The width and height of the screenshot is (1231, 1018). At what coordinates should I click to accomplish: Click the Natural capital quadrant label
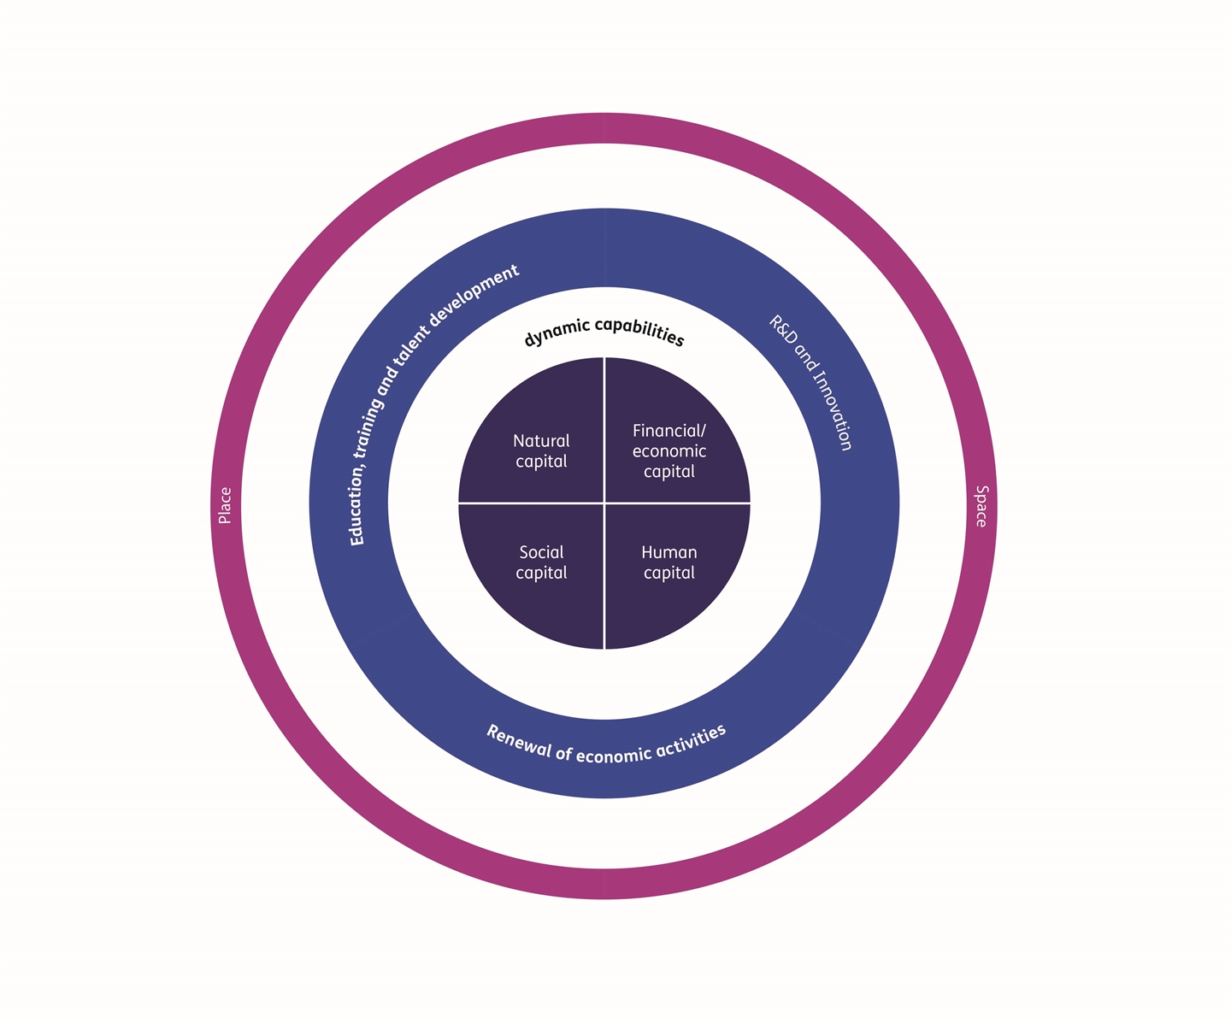541,451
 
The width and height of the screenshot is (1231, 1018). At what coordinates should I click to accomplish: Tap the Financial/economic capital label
669,451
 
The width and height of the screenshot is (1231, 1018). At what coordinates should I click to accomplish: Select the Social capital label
541,562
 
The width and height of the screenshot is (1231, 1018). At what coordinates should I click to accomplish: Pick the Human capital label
669,562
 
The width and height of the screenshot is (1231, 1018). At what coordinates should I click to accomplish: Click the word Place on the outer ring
225,505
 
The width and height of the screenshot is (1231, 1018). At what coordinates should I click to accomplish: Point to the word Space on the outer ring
981,506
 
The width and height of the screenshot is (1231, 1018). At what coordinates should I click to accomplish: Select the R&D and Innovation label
810,382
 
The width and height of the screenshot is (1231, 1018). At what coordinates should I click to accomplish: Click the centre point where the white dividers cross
604,503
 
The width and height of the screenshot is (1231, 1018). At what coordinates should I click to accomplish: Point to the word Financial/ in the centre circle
669,431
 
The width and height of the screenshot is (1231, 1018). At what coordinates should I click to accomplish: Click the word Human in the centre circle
669,552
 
